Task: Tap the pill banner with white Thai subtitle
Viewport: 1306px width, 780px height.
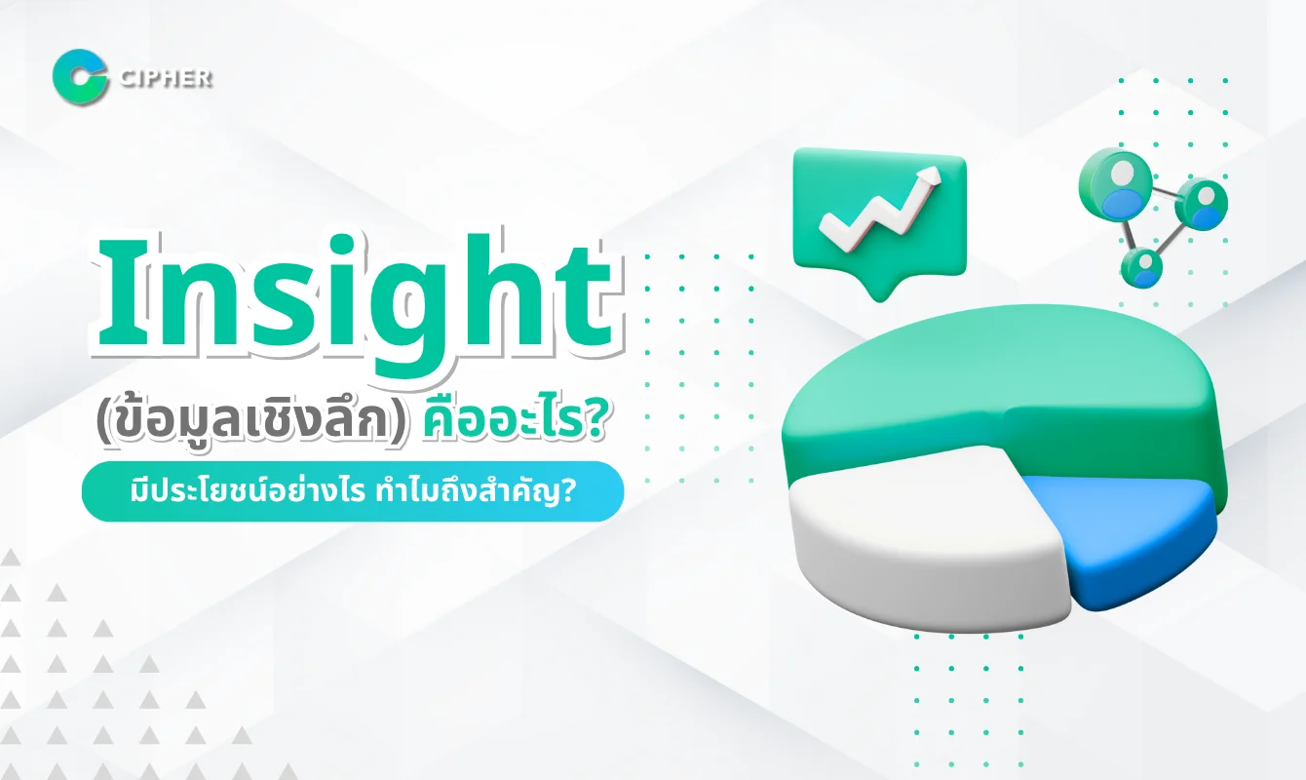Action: (352, 491)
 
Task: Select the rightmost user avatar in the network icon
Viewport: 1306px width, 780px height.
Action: (1202, 206)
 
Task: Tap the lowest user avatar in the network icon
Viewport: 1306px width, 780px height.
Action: (1141, 266)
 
